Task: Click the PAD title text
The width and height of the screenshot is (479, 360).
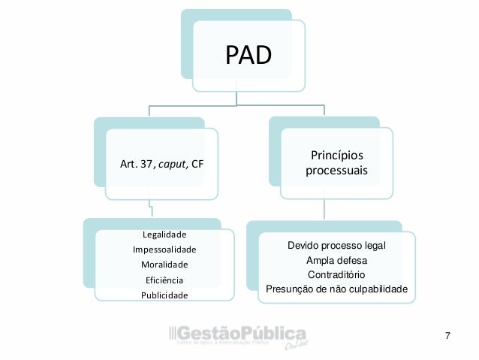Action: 249,55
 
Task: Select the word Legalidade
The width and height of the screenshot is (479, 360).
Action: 164,234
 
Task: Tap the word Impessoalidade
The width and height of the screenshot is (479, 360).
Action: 164,249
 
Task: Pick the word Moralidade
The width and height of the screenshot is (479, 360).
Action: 164,264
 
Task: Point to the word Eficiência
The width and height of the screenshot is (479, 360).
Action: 164,280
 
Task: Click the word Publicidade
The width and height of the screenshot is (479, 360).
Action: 164,295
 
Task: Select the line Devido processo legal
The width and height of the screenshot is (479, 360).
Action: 336,246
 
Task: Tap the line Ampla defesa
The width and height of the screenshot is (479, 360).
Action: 336,260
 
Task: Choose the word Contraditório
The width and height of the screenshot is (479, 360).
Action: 336,274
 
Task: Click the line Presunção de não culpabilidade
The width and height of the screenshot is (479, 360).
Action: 336,289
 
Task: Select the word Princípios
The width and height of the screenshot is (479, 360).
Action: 336,156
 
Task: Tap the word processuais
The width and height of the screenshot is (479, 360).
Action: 336,171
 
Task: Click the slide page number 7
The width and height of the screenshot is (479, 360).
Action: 447,334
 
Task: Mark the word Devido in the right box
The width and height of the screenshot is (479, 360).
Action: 303,246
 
